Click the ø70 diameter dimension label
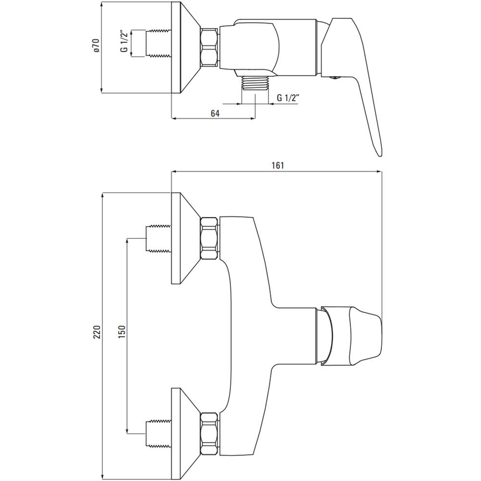(97, 45)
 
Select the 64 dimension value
(215, 113)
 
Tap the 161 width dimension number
(278, 165)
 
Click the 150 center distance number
(122, 332)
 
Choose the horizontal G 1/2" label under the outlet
(288, 98)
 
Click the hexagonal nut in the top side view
(210, 47)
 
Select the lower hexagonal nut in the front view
(210, 434)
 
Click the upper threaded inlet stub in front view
(158, 239)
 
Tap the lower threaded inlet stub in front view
(158, 433)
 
